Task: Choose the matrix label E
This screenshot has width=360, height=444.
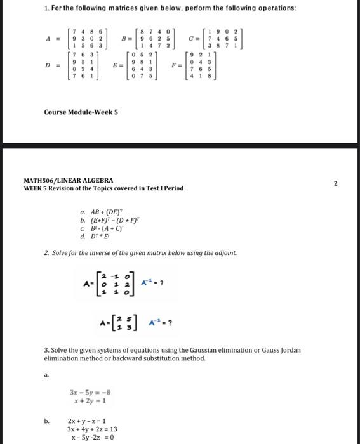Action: tap(115, 65)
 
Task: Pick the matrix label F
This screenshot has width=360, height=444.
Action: tap(173, 65)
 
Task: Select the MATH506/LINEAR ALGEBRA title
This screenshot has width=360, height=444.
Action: tap(69, 180)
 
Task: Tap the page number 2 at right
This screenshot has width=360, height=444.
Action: tap(336, 183)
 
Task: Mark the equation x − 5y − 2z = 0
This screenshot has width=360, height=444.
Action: tap(93, 437)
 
